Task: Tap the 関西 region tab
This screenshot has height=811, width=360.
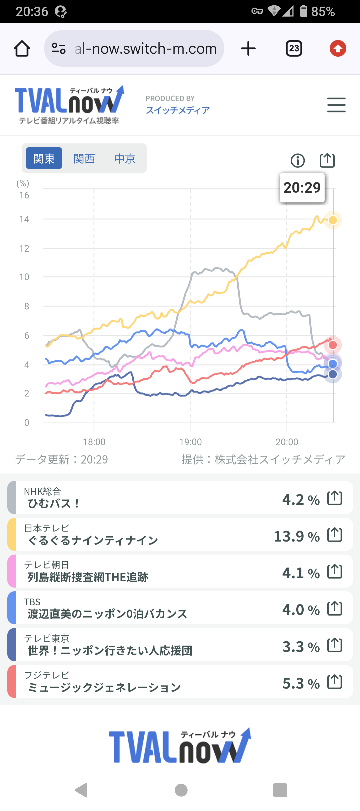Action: [x=84, y=158]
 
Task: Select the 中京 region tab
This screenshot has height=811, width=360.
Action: [x=125, y=158]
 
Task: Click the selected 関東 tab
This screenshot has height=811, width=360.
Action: [x=44, y=158]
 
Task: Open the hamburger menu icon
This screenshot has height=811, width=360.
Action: [x=336, y=105]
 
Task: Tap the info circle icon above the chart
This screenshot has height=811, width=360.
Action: [x=297, y=161]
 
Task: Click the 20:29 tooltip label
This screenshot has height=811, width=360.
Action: [x=302, y=188]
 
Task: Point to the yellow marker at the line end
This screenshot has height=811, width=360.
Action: [x=333, y=220]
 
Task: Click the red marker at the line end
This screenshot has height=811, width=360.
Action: [x=333, y=345]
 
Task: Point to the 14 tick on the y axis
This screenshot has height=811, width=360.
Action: [x=24, y=219]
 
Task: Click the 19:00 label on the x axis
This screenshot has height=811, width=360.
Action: [x=190, y=442]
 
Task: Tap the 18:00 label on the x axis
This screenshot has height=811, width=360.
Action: [x=94, y=442]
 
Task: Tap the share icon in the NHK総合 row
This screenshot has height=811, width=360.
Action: [x=335, y=498]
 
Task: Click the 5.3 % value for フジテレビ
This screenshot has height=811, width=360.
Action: [x=301, y=684]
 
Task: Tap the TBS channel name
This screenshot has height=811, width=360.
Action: [x=32, y=602]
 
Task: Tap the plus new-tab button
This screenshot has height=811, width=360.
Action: [x=248, y=49]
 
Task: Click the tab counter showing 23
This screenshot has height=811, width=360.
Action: [x=294, y=49]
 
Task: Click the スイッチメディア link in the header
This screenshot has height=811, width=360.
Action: [x=178, y=110]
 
